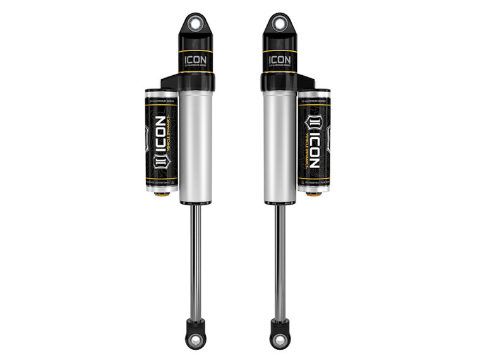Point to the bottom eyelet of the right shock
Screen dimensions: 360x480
pyautogui.click(x=279, y=339)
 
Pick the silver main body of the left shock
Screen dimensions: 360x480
pyautogui.click(x=195, y=145)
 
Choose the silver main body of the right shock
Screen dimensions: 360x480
pyautogui.click(x=279, y=145)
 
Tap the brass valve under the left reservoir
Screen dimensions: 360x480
pyautogui.click(x=161, y=193)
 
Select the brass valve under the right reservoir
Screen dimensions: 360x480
pyautogui.click(x=313, y=193)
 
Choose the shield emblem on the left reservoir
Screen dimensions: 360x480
pyautogui.click(x=159, y=169)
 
